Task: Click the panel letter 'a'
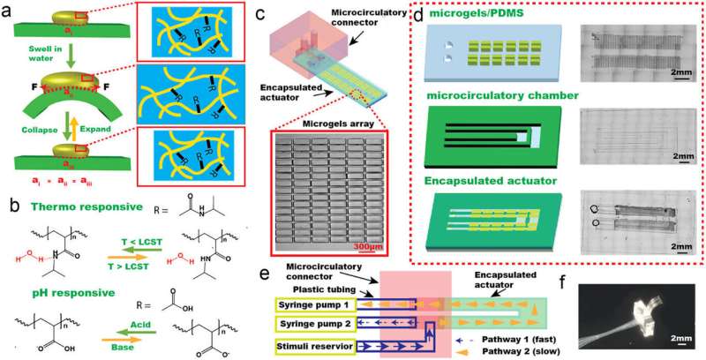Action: [x=9, y=10]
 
